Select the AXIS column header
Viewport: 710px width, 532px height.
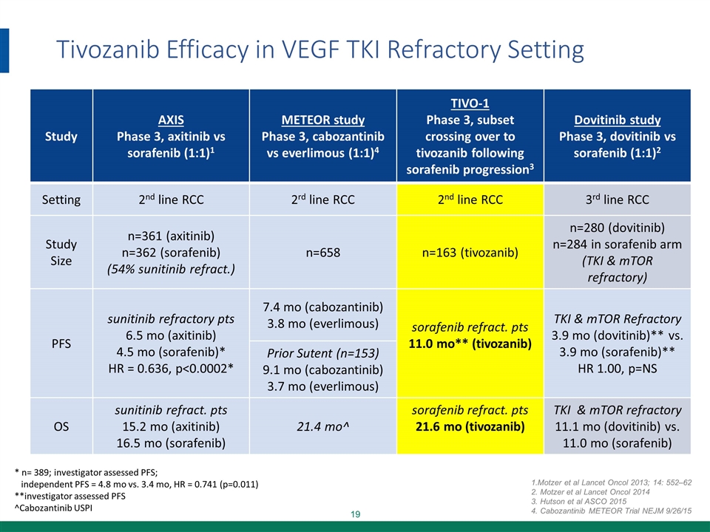[172, 120]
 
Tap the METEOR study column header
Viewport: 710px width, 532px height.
[322, 120]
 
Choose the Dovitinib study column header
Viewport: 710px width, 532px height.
[617, 120]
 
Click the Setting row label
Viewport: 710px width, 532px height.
[60, 199]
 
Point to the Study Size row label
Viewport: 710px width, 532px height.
[60, 251]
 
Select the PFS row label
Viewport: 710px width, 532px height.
[60, 343]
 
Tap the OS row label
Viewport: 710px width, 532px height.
[60, 426]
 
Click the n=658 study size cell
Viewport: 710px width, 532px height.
[322, 251]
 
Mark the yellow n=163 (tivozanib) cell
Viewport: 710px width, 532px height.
[470, 251]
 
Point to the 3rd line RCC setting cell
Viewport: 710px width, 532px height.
[617, 199]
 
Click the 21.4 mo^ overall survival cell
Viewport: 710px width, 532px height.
[322, 426]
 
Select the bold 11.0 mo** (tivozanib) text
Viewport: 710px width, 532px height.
[470, 344]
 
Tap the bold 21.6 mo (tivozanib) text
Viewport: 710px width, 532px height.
[470, 427]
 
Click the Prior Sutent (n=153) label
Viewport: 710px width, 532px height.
[322, 352]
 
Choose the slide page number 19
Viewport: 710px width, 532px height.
[355, 514]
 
